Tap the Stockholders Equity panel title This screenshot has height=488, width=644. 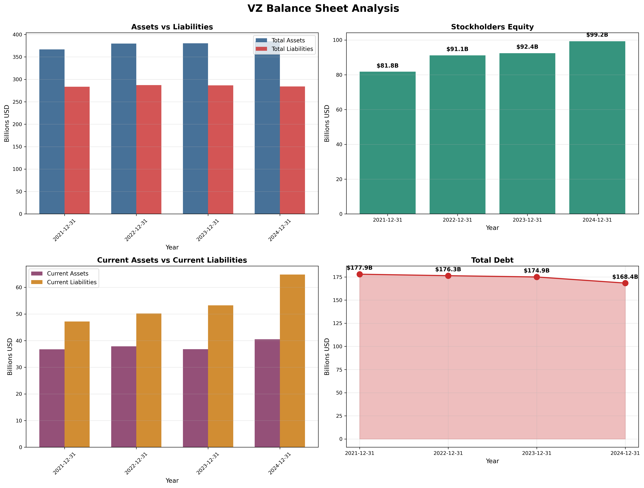click(492, 27)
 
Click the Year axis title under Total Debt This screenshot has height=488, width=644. click(492, 461)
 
